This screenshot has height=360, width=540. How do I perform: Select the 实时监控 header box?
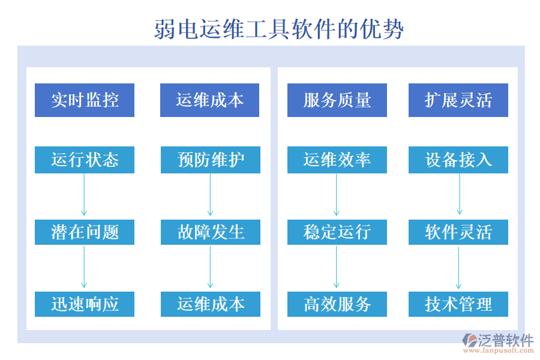coord(85,100)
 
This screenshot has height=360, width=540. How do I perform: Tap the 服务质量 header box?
coord(337,100)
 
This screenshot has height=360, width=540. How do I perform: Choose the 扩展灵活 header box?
coord(458,100)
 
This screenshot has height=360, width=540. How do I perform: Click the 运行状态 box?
coord(85,160)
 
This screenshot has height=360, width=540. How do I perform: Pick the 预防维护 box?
coord(211,160)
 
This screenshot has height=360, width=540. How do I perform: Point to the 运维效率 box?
coord(337,160)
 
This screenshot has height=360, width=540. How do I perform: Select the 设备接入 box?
coord(458,160)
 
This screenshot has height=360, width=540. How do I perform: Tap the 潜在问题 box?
coord(85,232)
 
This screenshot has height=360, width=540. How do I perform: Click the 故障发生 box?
coord(211,232)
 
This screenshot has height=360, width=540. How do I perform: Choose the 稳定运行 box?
coord(337,232)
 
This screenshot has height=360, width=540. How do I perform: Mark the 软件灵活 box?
coord(458,232)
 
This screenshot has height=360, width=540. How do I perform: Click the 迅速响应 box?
coord(85,304)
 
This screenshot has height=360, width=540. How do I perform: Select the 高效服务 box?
coord(337,304)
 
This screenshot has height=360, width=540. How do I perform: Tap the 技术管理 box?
coord(458,304)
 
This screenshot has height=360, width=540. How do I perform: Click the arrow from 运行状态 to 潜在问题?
coord(84,195)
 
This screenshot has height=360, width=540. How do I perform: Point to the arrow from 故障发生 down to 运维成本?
coord(210,267)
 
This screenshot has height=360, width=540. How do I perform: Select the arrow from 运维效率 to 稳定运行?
coord(336,195)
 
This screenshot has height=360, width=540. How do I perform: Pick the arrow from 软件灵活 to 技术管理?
coord(459,267)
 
